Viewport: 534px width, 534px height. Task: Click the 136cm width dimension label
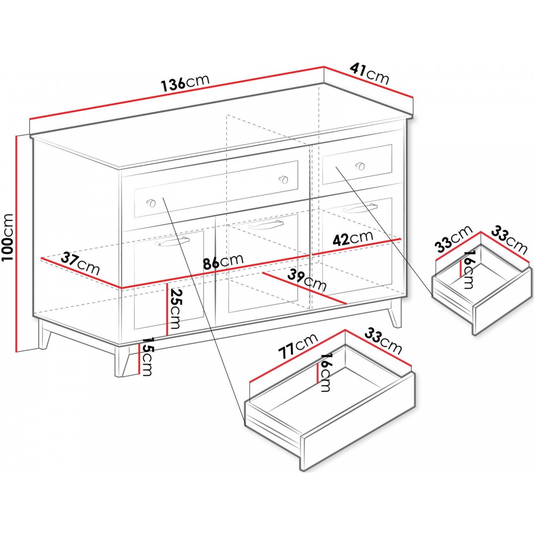pos(185,83)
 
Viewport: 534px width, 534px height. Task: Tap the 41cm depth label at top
pos(369,73)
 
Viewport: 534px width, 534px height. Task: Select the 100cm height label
pos(7,237)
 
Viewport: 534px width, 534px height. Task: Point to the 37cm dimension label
pos(80,264)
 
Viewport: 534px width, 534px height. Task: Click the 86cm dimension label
pos(223,262)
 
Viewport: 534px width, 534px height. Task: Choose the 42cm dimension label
pos(353,238)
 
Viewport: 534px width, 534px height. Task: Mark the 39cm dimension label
pos(307,280)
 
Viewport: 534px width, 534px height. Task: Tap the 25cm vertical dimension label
pos(175,309)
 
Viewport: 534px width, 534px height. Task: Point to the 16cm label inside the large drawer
pos(326,372)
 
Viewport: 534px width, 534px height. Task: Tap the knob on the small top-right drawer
pos(360,166)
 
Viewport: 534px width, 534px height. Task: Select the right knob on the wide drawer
pos(283,179)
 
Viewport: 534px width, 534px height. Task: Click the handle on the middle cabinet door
pos(265,224)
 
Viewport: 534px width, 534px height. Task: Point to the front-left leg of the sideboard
pos(122,360)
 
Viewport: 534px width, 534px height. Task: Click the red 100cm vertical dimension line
pos(17,243)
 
